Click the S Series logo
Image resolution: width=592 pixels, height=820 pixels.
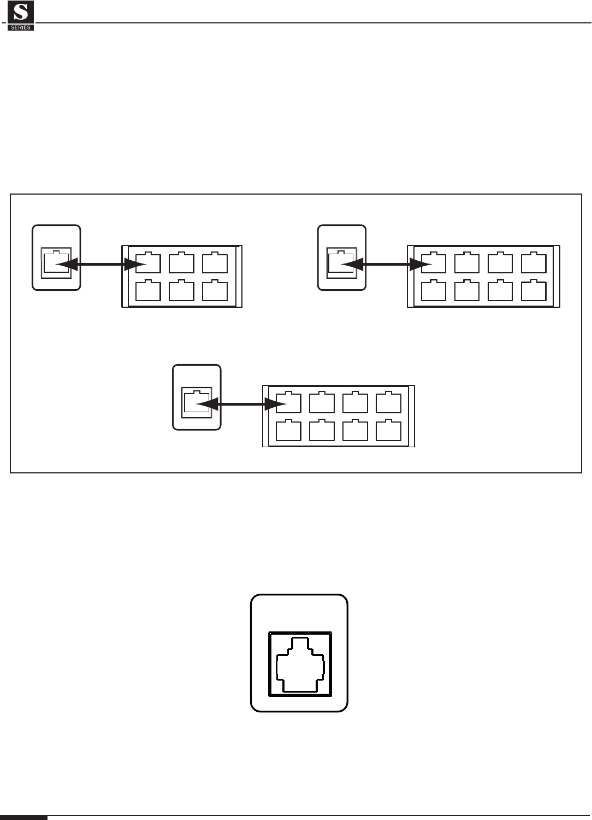pyautogui.click(x=21, y=15)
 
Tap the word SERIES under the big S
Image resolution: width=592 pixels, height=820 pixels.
pyautogui.click(x=21, y=27)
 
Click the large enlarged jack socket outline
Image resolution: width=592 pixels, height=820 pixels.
pyautogui.click(x=300, y=664)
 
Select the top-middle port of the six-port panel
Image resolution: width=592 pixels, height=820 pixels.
pyautogui.click(x=181, y=263)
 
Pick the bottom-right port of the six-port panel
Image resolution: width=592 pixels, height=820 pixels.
pyautogui.click(x=215, y=291)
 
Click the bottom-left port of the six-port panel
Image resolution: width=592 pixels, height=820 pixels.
pyautogui.click(x=148, y=291)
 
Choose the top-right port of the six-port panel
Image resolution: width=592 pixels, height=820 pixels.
pyautogui.click(x=215, y=263)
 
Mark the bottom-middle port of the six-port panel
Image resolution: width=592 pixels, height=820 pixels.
pyautogui.click(x=181, y=291)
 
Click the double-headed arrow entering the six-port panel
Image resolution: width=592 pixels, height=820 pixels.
pyautogui.click(x=101, y=265)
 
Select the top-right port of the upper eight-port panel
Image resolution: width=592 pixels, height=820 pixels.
pyautogui.click(x=534, y=263)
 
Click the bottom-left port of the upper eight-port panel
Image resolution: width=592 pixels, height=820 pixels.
pyautogui.click(x=434, y=291)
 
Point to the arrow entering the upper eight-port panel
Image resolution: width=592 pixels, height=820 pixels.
pyautogui.click(x=388, y=265)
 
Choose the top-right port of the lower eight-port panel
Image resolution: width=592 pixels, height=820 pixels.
pyautogui.click(x=388, y=403)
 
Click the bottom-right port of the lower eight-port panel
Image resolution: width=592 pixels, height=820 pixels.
pyautogui.click(x=388, y=431)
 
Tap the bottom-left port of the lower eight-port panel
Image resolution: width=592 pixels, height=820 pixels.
pyautogui.click(x=288, y=431)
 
